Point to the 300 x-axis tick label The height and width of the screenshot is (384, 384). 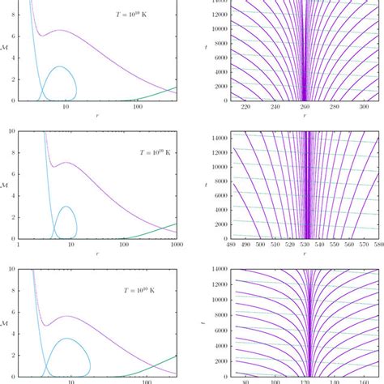tap(347, 107)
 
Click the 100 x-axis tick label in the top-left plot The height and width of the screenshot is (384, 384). tap(137, 107)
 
